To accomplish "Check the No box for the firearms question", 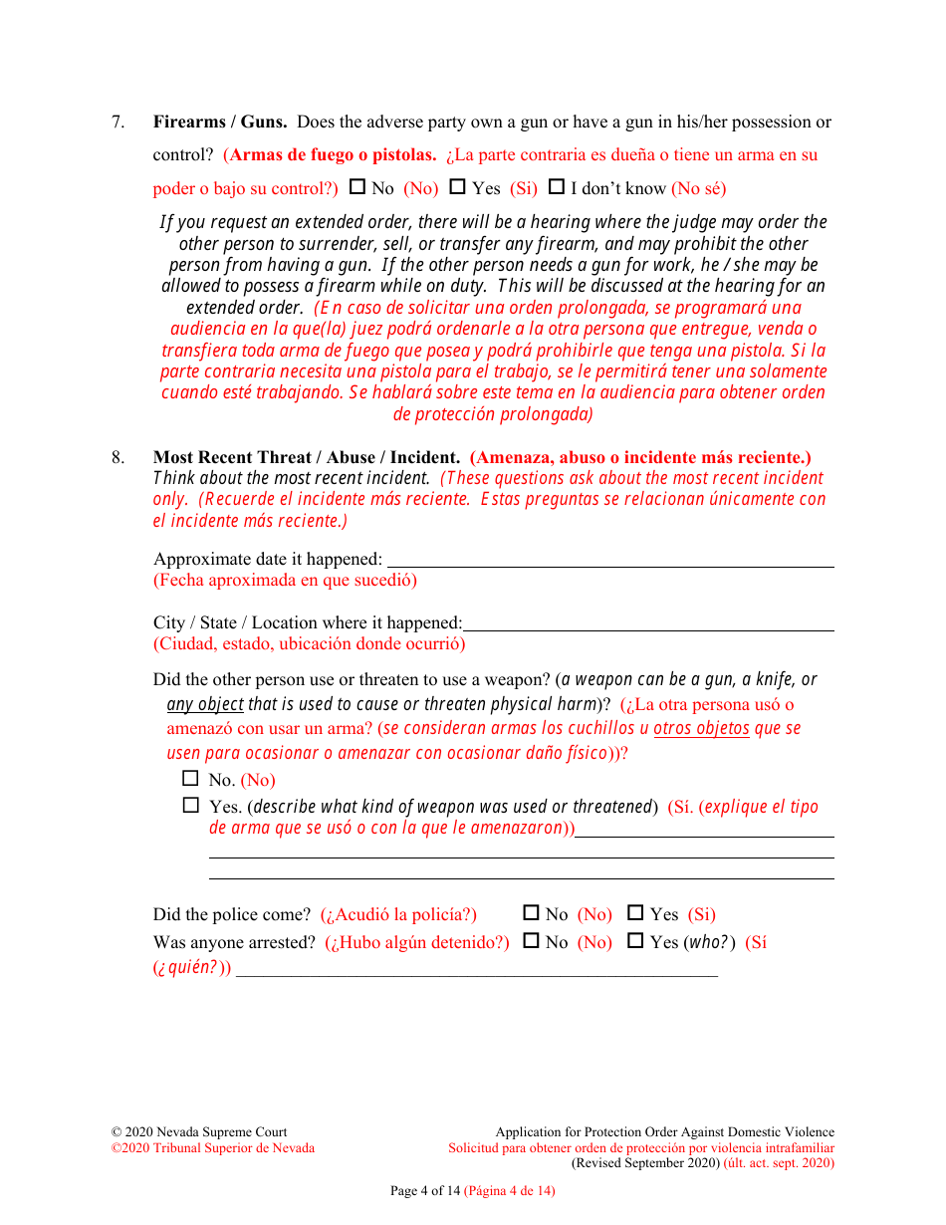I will tap(357, 186).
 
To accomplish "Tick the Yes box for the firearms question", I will tap(457, 186).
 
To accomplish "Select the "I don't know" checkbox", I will tap(557, 186).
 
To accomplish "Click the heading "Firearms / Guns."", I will tap(220, 122).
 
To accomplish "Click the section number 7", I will tap(118, 122).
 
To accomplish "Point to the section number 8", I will tap(118, 457).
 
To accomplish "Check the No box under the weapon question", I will tap(191, 779).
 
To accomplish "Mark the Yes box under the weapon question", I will tap(191, 805).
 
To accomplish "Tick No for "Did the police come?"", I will tap(531, 912).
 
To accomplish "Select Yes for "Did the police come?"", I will tap(635, 912).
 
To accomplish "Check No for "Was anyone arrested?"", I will tap(531, 940).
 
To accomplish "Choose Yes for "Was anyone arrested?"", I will tap(635, 940).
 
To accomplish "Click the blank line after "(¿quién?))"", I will tap(476, 969).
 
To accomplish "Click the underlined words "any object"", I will tap(205, 704).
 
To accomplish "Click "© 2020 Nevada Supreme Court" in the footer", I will tap(199, 1131).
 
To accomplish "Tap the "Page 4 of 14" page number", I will tap(425, 1190).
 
